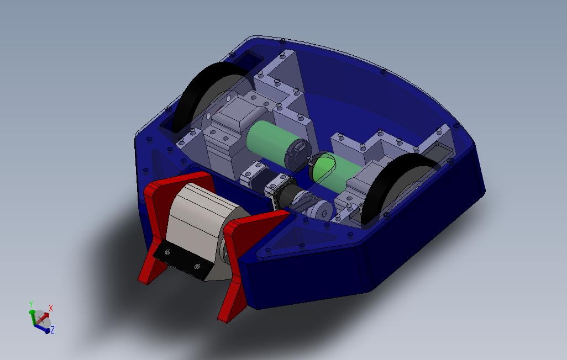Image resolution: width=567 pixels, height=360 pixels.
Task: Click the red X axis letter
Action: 51,308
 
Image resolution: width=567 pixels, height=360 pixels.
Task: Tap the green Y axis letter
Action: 31,304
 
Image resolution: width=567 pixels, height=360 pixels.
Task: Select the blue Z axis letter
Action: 53,330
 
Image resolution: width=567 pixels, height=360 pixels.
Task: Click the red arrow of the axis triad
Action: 43,318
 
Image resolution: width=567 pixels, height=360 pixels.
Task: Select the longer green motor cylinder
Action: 275,145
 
